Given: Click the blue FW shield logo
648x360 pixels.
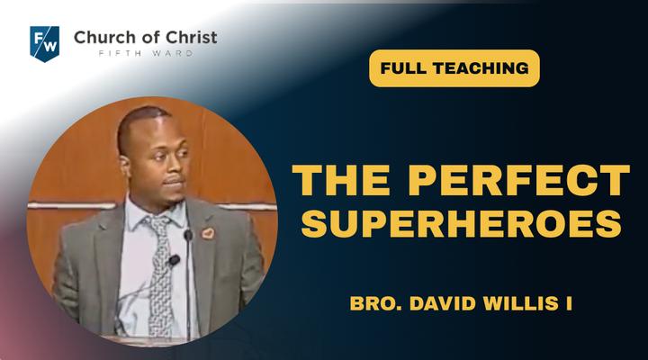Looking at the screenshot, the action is [x=45, y=43].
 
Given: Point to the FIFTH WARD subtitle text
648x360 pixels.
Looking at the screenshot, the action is [x=146, y=53].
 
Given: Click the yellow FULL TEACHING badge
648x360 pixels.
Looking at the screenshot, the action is [x=454, y=68].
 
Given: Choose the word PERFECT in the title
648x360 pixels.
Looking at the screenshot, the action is [x=519, y=180].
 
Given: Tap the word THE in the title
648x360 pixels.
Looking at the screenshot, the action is [x=341, y=180].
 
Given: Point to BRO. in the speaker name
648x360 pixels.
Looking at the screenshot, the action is [x=375, y=303].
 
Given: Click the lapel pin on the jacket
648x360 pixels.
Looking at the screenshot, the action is [x=208, y=233].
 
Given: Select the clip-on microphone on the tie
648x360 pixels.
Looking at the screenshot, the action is [x=174, y=260].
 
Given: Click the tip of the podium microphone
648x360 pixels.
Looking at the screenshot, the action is [x=188, y=235].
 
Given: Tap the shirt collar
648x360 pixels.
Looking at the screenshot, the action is [x=157, y=215].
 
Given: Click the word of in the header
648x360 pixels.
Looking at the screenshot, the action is [x=151, y=37].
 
